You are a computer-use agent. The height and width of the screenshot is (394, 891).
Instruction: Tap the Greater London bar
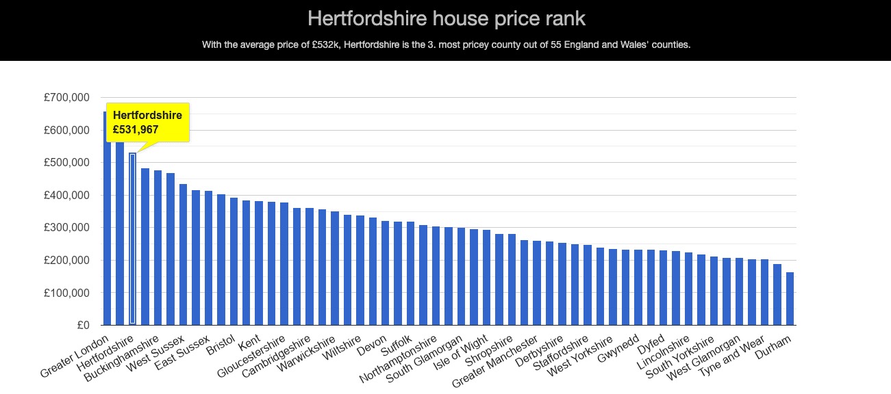click(x=108, y=218)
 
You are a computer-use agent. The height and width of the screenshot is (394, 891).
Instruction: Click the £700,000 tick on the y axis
click(x=66, y=98)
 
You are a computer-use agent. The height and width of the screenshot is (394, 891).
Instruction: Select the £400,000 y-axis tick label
click(x=66, y=195)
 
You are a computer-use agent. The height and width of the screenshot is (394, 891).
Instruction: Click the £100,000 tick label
click(x=66, y=293)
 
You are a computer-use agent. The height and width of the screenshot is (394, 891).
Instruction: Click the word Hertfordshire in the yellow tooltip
click(x=147, y=116)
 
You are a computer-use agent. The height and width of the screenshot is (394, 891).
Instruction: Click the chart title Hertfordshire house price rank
click(x=445, y=18)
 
